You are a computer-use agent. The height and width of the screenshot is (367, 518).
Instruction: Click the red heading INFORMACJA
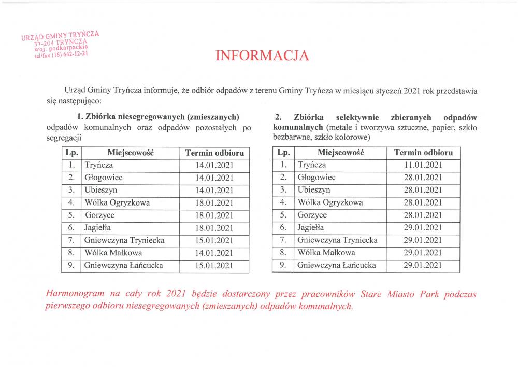coord(262,56)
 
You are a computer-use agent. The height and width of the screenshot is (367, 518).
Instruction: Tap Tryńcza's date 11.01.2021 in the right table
coord(423,165)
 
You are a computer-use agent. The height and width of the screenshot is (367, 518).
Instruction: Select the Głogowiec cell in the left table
coord(104,178)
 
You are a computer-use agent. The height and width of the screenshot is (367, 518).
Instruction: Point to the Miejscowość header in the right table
coord(340,153)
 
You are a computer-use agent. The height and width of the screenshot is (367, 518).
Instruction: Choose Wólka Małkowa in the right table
coord(326,253)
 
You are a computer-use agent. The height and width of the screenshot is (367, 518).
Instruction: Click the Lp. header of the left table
coord(71,153)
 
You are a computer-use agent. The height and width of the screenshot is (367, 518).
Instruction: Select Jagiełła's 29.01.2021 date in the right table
coord(423,228)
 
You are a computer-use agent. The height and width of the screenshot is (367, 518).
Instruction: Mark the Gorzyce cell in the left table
coord(100,215)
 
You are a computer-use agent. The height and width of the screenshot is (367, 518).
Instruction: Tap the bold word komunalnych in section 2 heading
coord(297,128)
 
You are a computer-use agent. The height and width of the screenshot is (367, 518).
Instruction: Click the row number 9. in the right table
coord(283,265)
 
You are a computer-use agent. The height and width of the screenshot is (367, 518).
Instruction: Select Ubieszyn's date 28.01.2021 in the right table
coord(423,190)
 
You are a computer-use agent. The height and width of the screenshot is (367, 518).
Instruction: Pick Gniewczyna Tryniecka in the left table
coord(124,240)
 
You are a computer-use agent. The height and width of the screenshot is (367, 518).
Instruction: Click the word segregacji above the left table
coord(64,138)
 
